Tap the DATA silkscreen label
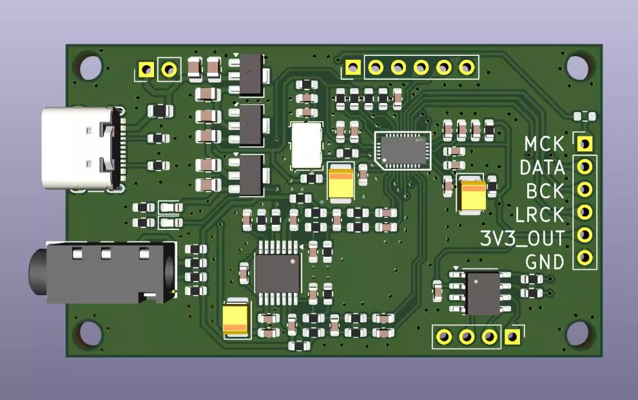[x=542, y=167]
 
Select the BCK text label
[x=545, y=191]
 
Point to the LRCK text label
[x=541, y=214]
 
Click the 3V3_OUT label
[x=523, y=238]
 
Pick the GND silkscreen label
[x=545, y=262]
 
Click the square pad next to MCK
[x=585, y=143]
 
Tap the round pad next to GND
[x=585, y=258]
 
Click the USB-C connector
[x=80, y=149]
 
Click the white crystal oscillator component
[x=307, y=145]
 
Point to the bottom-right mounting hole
[x=579, y=335]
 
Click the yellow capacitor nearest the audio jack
[x=236, y=320]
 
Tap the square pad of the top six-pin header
[x=353, y=66]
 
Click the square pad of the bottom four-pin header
[x=512, y=336]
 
